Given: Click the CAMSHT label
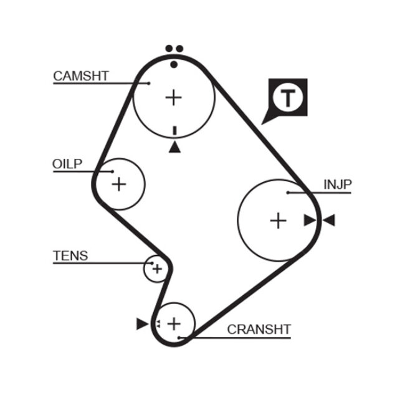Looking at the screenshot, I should [x=81, y=76].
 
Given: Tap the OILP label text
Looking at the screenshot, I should [x=67, y=164].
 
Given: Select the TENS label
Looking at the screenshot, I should [x=70, y=255].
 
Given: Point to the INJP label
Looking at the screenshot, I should [x=338, y=184].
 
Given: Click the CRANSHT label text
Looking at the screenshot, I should [x=259, y=329].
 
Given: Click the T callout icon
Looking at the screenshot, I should [x=287, y=98].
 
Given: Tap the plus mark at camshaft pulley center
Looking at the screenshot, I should [x=174, y=97].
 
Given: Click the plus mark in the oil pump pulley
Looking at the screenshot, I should [x=118, y=184].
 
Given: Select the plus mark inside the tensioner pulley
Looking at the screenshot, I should [x=157, y=269].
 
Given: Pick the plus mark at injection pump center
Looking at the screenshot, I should [x=278, y=220].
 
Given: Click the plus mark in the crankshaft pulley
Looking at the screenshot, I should [x=174, y=323].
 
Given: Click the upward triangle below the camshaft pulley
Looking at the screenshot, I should [x=174, y=147].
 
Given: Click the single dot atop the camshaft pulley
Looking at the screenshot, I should [x=174, y=64].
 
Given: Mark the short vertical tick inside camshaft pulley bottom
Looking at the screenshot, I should [x=174, y=130].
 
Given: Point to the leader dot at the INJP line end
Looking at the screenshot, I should [x=288, y=193].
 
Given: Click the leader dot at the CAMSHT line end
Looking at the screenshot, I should [x=150, y=83].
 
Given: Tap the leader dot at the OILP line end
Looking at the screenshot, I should [x=113, y=171].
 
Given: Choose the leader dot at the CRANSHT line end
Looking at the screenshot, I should [x=179, y=338].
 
